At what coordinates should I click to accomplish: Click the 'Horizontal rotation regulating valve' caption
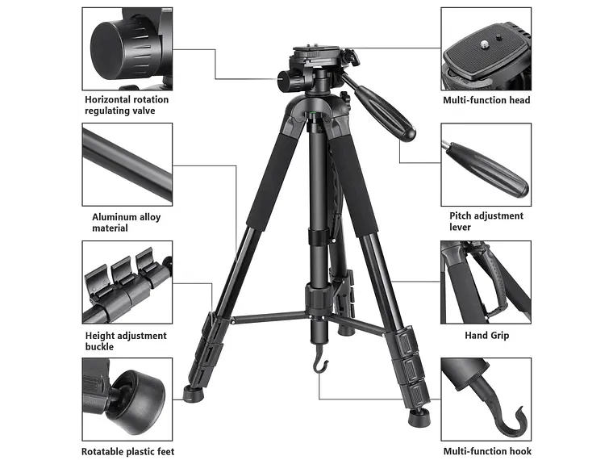[127, 105]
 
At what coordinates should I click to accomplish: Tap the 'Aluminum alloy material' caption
[127, 223]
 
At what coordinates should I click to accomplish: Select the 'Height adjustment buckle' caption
[126, 341]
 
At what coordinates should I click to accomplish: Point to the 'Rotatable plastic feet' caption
[127, 452]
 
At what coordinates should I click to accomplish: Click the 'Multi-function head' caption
[486, 100]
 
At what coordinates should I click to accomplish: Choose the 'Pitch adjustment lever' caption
[486, 221]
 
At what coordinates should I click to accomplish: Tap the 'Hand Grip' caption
[486, 335]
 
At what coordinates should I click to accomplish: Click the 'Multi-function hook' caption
[487, 451]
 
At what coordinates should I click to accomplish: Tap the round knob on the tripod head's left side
[289, 80]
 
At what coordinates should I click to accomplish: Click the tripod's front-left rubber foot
[193, 393]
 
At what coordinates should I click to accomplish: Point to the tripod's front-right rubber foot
[419, 418]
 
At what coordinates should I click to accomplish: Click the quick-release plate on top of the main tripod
[316, 51]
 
